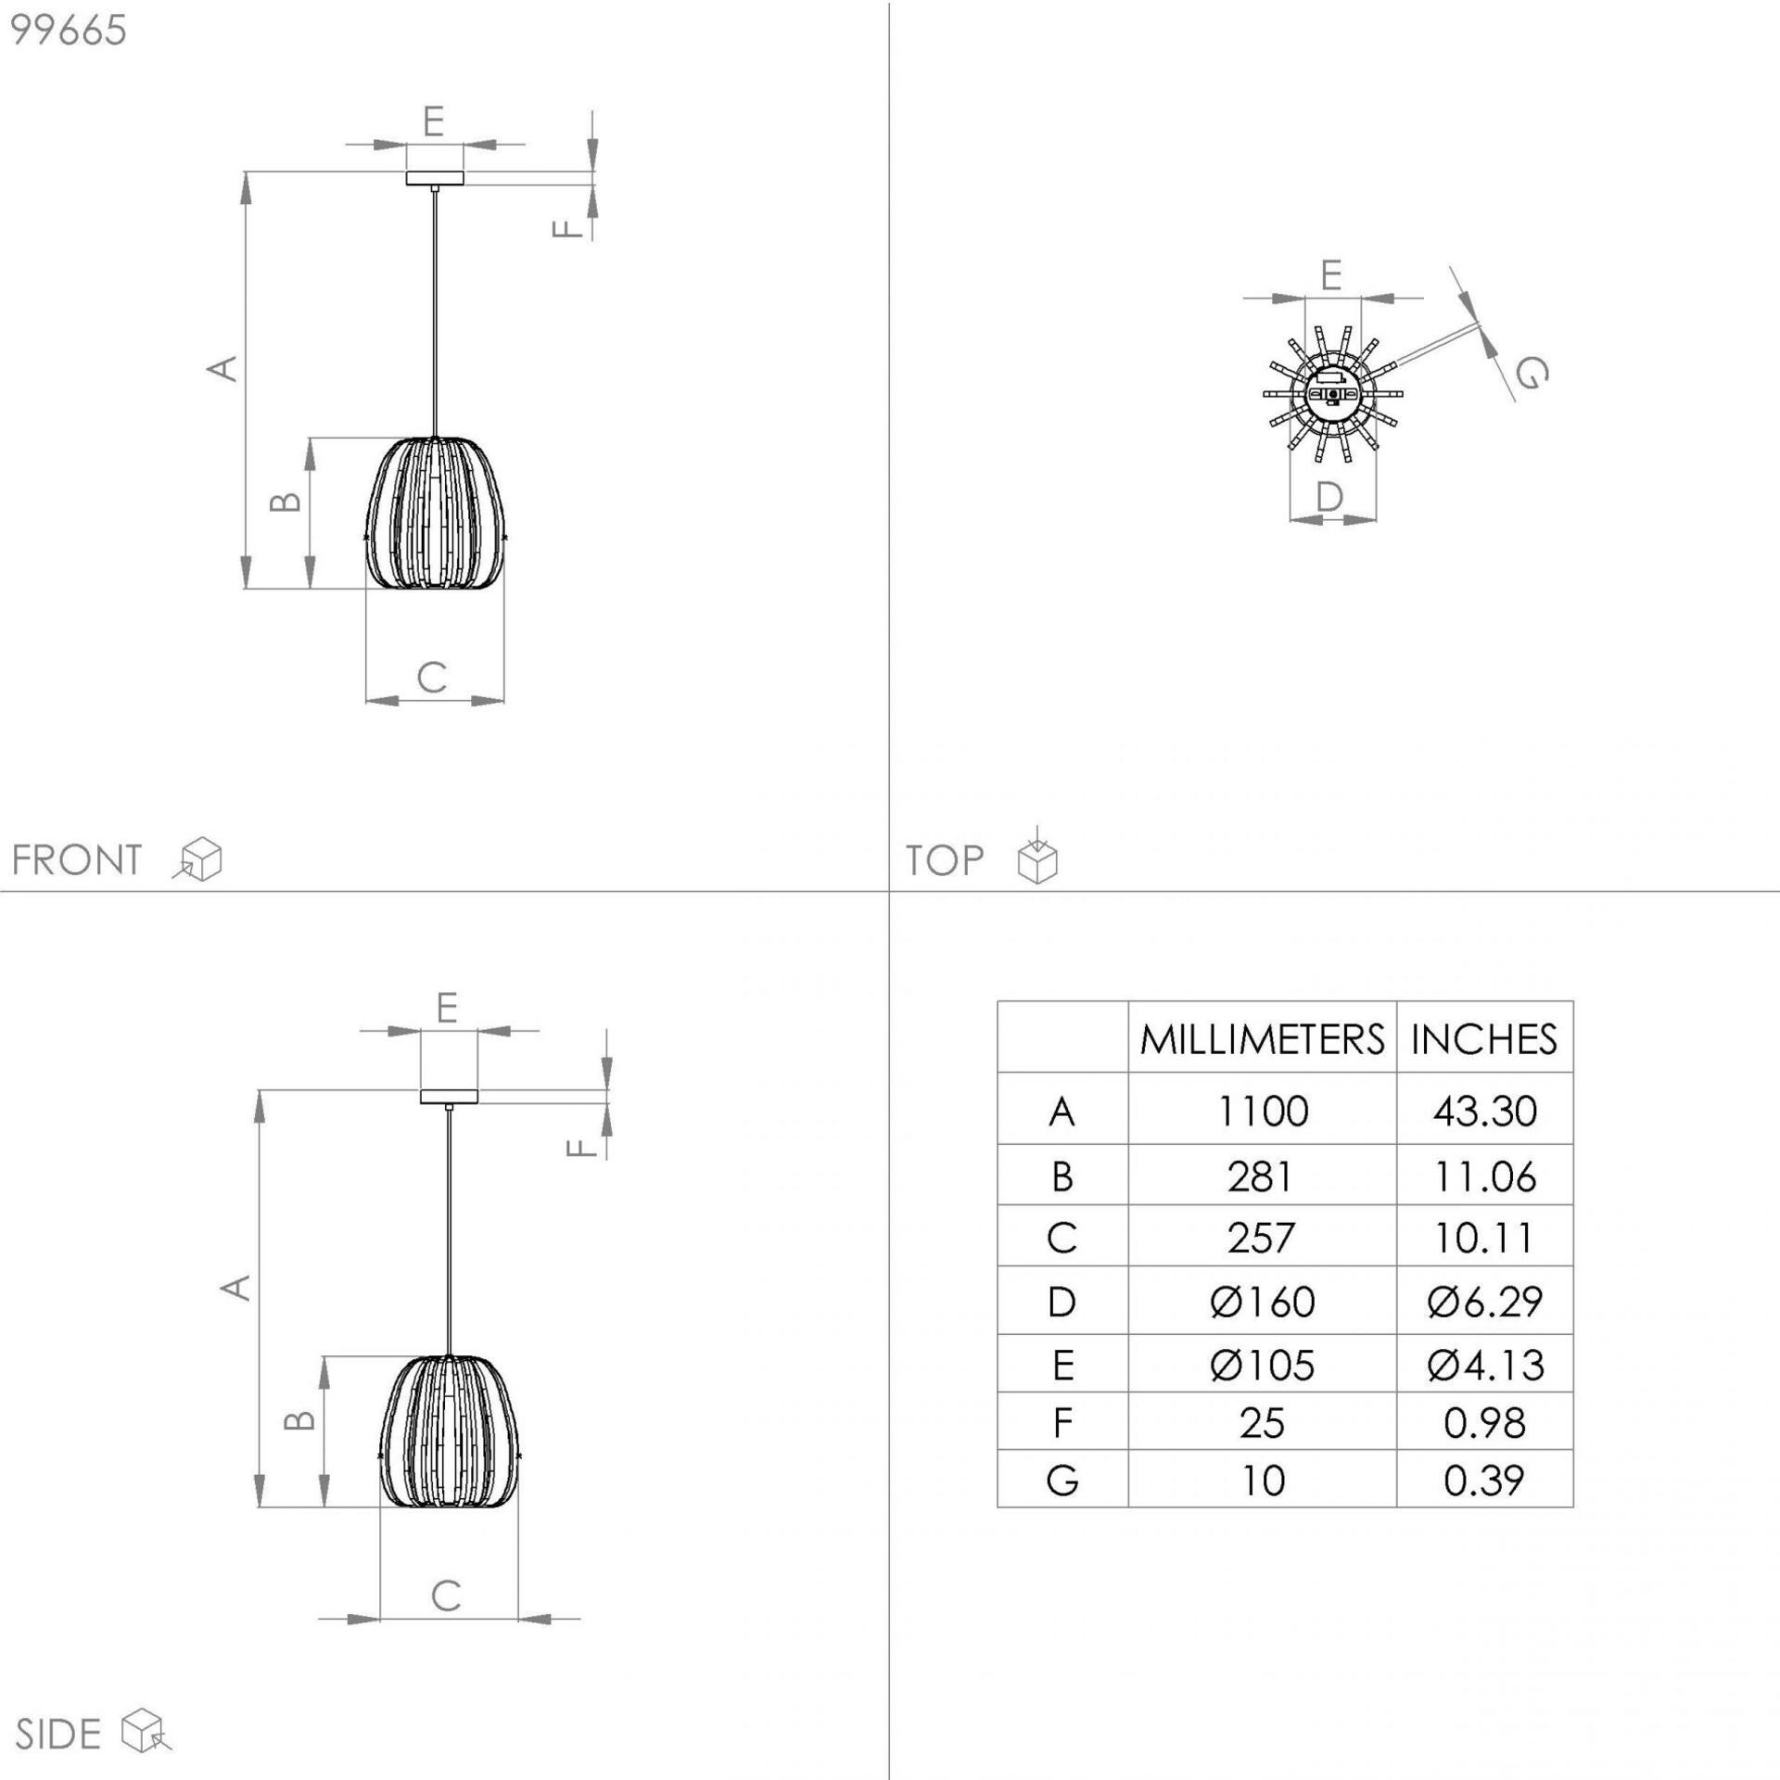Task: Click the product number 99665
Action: [x=68, y=31]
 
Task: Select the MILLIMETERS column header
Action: [x=1262, y=1039]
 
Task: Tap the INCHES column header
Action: [x=1484, y=1039]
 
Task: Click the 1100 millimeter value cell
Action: [x=1262, y=1111]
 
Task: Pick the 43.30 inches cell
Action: [x=1484, y=1111]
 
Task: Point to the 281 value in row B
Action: [x=1261, y=1176]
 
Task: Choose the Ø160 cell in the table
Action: [x=1262, y=1302]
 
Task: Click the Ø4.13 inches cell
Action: [x=1485, y=1365]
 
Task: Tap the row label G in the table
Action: [x=1062, y=1480]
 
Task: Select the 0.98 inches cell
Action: [x=1484, y=1423]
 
